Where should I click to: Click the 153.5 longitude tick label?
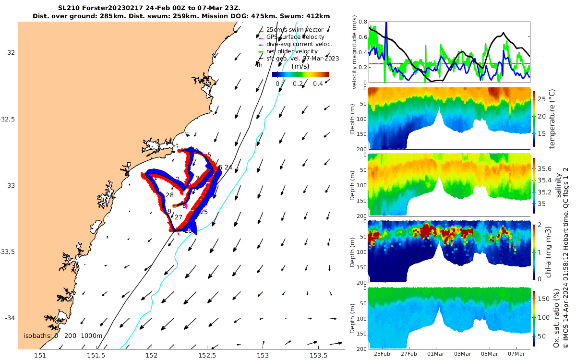318,356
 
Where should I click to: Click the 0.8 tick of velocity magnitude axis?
360,22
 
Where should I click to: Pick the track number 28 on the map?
169,195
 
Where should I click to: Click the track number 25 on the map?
204,212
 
